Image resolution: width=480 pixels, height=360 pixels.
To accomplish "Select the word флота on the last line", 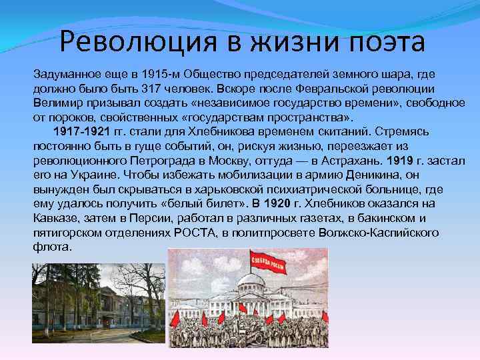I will pyautogui.click(x=51, y=246).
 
